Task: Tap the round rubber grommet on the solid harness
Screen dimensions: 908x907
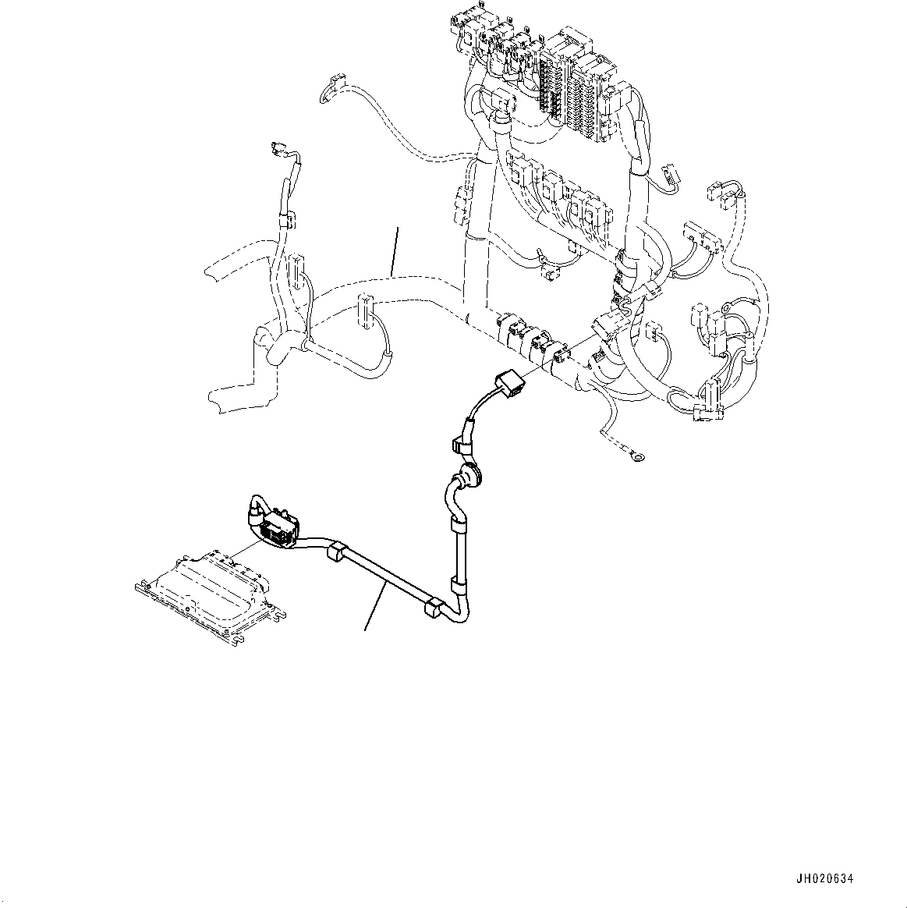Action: (x=469, y=474)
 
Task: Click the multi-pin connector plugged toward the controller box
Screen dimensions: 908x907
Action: (x=278, y=527)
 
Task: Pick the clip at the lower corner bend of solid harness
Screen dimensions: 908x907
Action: (x=430, y=611)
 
